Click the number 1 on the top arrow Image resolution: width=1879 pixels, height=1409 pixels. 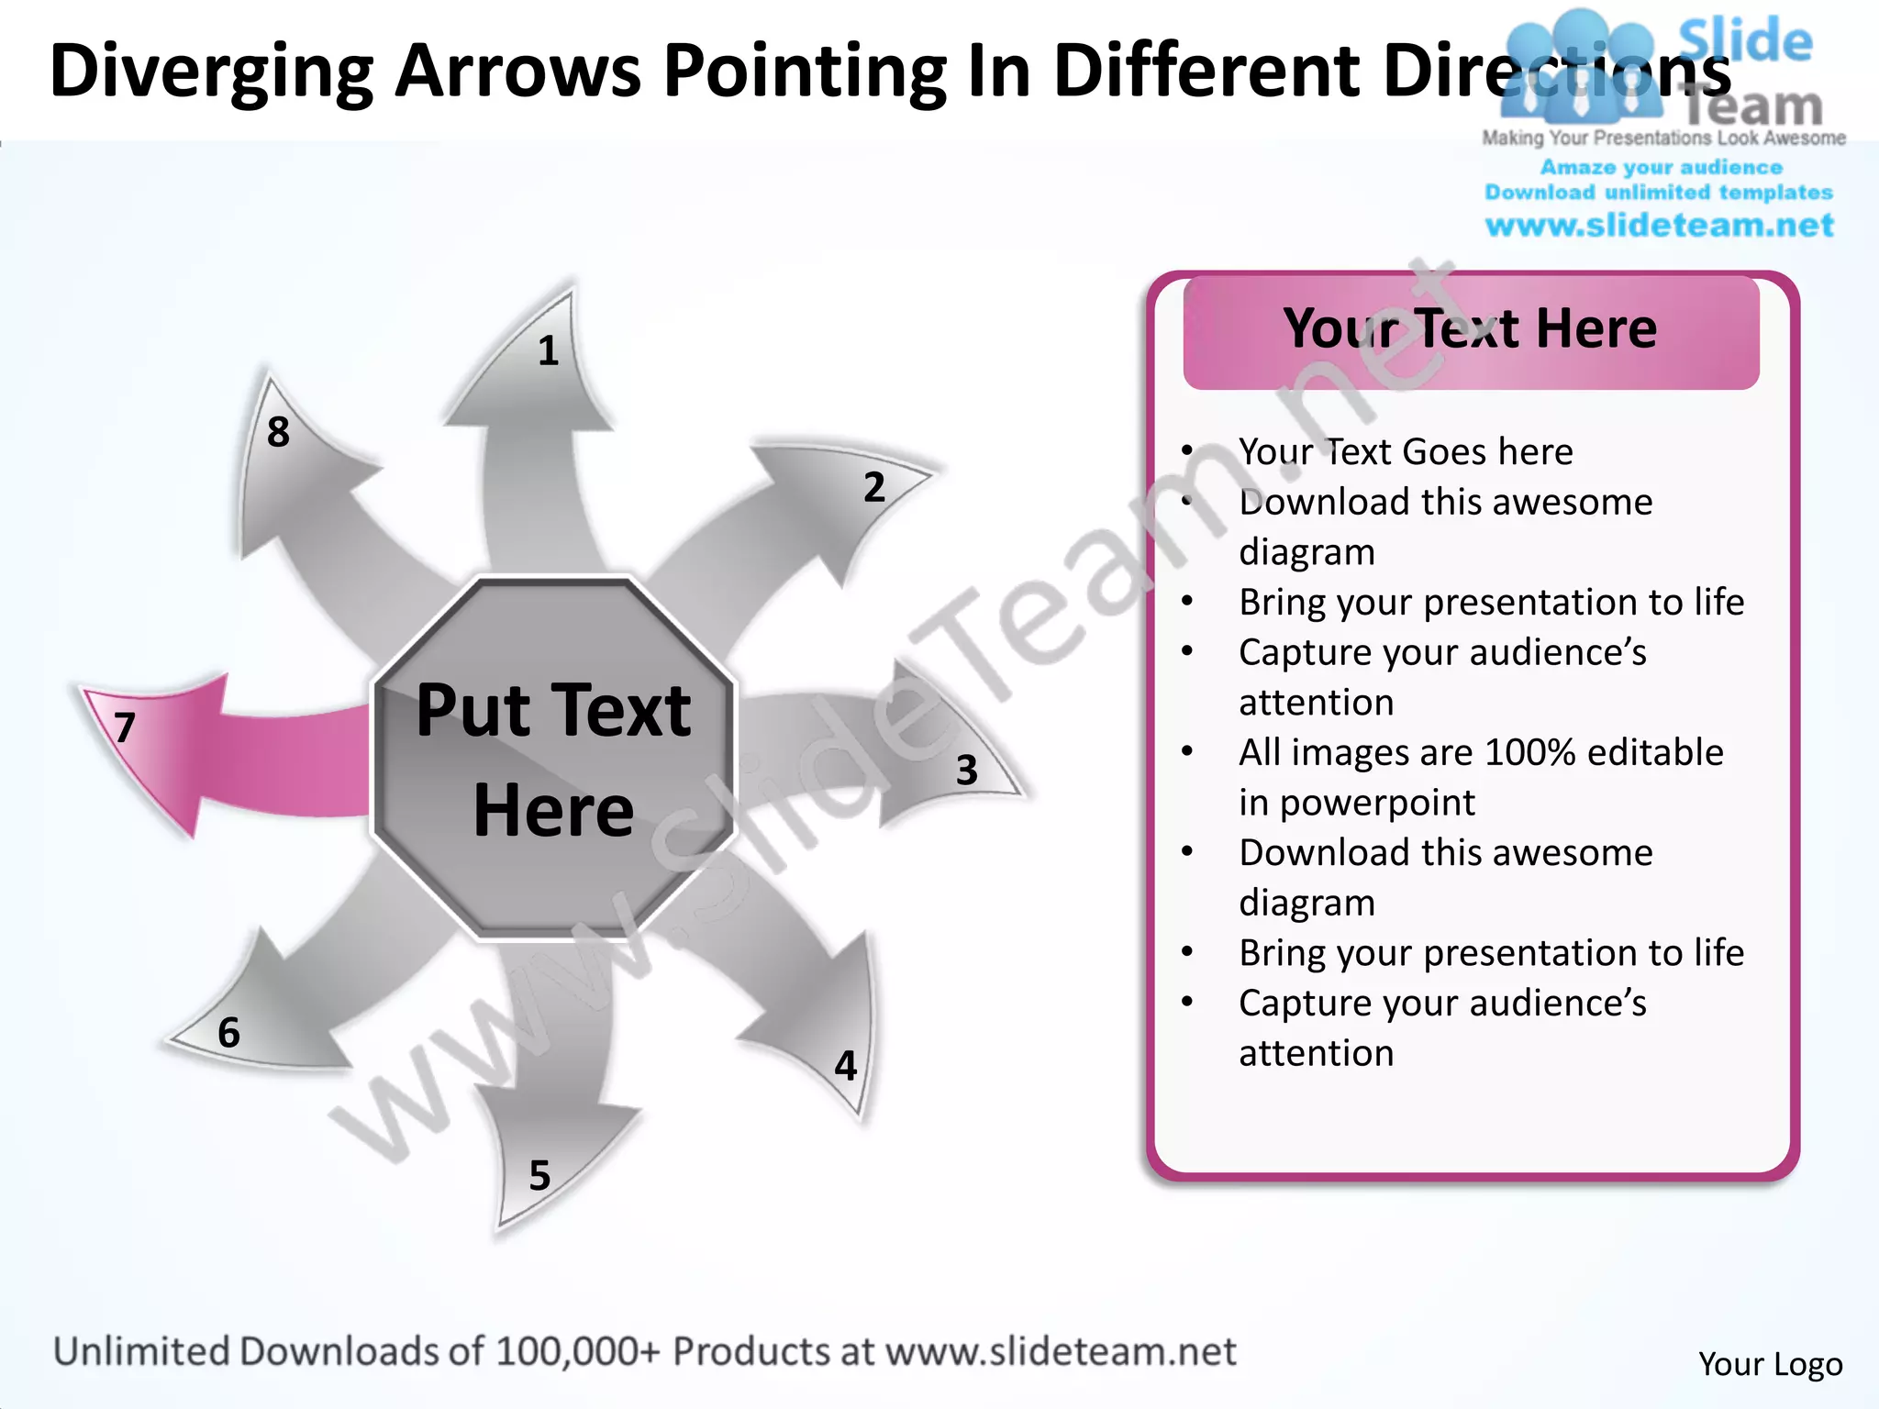point(548,351)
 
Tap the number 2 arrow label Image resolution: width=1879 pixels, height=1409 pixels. point(874,487)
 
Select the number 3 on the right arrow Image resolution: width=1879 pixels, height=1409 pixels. point(966,771)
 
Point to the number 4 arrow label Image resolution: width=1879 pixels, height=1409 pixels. point(845,1066)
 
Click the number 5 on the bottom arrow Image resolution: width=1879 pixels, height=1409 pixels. point(539,1176)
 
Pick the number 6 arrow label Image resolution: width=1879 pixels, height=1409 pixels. point(228,1033)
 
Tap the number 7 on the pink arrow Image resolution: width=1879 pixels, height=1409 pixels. point(125,727)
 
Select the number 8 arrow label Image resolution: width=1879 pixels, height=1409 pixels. point(278,432)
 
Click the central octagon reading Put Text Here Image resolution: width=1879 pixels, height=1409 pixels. point(553,760)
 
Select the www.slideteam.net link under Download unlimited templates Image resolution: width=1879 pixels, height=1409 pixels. point(1659,226)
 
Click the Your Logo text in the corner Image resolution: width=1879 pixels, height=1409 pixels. point(1770,1364)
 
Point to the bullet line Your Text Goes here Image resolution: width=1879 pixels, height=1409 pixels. point(1405,452)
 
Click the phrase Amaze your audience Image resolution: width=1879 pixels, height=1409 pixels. point(1661,168)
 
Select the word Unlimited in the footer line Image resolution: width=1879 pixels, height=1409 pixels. point(140,1352)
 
